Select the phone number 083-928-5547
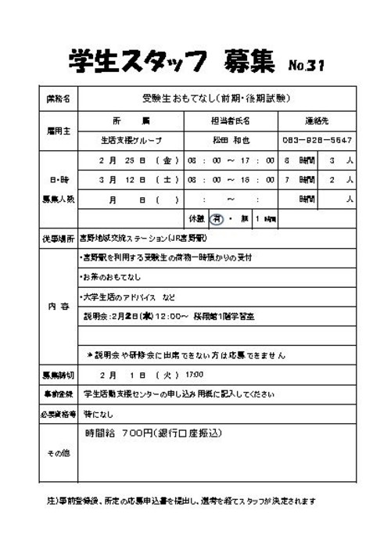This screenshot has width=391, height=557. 317,141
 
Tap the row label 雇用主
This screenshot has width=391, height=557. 56,131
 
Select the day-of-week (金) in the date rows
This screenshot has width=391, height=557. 166,160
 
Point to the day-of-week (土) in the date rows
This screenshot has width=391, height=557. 166,180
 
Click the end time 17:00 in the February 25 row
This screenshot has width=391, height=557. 260,160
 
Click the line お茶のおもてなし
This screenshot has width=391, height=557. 113,277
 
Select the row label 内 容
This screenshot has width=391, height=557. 56,306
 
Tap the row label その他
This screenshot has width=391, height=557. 56,453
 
